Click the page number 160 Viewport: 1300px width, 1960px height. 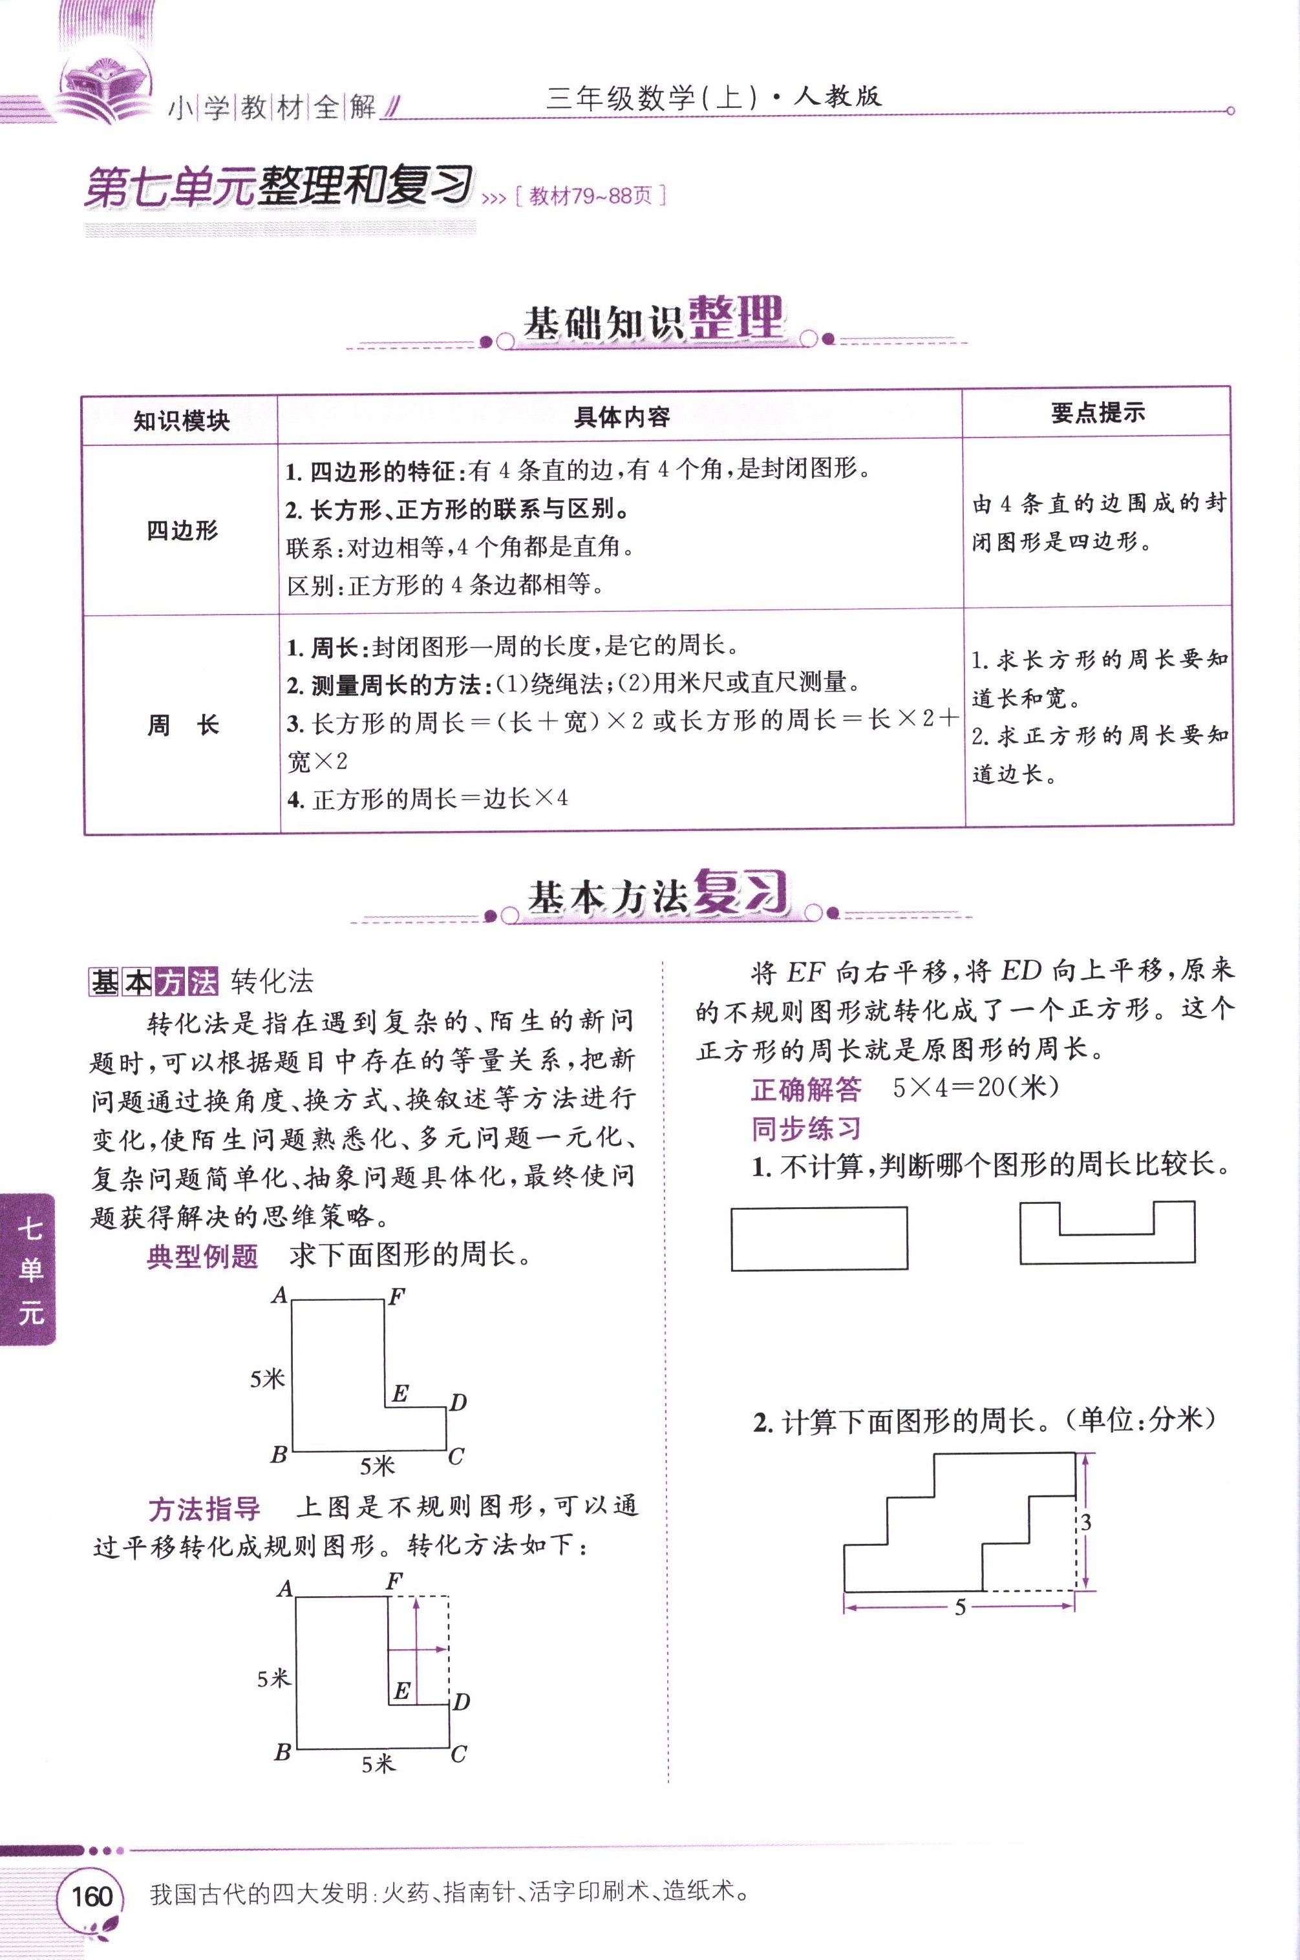point(91,1896)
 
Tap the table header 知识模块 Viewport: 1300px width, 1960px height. point(181,421)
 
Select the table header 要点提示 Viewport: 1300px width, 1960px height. point(1098,413)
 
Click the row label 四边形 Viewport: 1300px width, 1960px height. point(182,531)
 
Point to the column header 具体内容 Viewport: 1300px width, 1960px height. point(621,417)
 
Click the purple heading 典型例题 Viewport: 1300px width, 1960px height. point(202,1257)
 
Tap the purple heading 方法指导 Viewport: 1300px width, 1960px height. point(204,1509)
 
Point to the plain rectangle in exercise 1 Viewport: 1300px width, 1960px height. point(819,1239)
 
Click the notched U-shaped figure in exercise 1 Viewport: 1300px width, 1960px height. point(1107,1247)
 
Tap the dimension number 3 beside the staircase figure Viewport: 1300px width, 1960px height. point(1086,1523)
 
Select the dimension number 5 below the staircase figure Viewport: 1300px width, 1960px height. point(960,1608)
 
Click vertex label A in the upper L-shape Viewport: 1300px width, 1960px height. point(279,1295)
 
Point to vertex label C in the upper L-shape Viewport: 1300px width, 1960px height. point(456,1456)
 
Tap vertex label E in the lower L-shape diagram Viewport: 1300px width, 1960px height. point(402,1691)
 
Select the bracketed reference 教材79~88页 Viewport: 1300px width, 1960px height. point(590,196)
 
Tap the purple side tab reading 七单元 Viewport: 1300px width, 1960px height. point(30,1269)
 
